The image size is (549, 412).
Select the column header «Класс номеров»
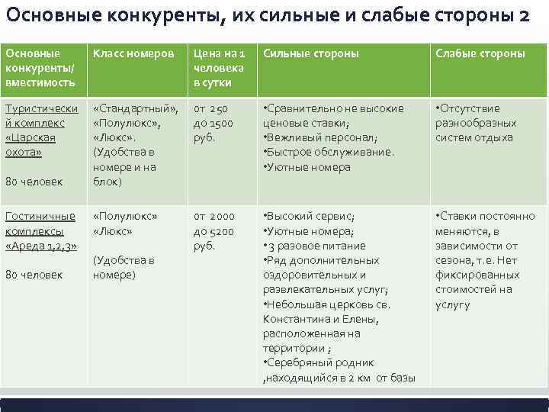[x=133, y=54]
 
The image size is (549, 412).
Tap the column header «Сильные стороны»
[x=310, y=54]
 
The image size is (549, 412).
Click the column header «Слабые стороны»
[x=480, y=54]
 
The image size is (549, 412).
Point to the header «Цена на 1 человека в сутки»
[x=219, y=68]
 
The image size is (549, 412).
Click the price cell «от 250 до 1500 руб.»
[x=213, y=123]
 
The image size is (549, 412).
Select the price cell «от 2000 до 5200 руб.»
[x=213, y=231]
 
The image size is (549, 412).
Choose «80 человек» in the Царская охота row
[x=34, y=182]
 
